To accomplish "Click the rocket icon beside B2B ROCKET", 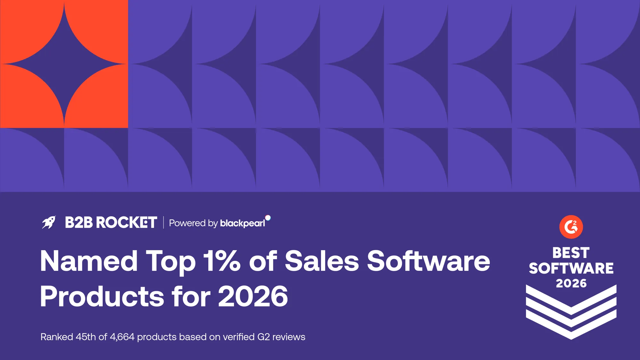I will coord(49,222).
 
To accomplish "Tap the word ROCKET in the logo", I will coord(126,222).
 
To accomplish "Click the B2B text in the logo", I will coord(79,222).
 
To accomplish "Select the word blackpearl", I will coord(243,223).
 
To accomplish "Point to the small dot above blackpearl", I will coord(268,218).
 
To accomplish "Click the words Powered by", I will coord(193,223).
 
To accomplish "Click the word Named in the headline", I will coord(89,261).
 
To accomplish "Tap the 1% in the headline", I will coord(221,261).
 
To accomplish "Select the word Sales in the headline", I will coord(322,261).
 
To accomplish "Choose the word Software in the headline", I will coord(428,261).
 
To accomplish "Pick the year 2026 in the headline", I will coord(253,296).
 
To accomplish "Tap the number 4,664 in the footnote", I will coord(122,337).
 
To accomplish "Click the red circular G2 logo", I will coord(571,227).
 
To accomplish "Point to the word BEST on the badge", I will coord(571,253).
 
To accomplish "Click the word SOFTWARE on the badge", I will coord(571,268).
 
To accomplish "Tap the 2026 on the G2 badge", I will coord(571,283).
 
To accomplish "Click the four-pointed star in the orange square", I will coord(64,64).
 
